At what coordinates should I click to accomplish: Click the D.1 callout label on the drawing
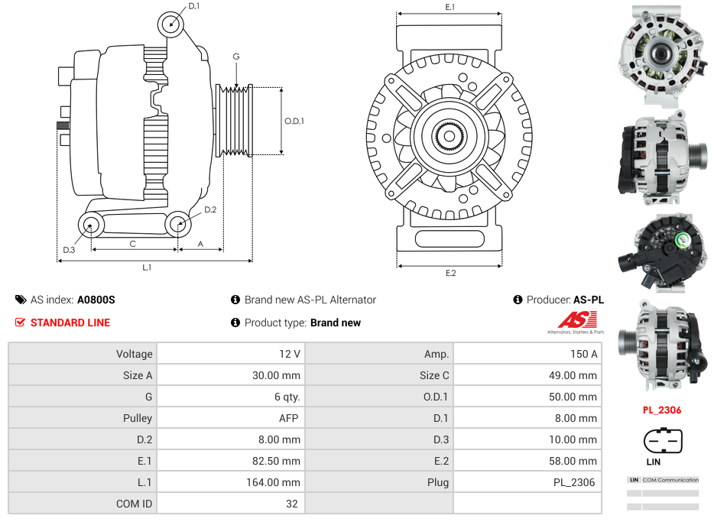point(194,6)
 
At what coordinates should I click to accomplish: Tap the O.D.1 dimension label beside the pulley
point(294,121)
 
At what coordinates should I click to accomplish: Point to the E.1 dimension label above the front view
point(450,7)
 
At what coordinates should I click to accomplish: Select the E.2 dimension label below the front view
point(450,273)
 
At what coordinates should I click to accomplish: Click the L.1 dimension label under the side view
point(147,267)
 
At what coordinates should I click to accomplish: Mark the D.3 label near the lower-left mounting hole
point(69,250)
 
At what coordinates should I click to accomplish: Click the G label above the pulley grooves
point(236,57)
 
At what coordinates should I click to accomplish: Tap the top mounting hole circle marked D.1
point(172,24)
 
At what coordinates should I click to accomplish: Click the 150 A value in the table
point(583,354)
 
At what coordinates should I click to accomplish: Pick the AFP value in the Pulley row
point(288,418)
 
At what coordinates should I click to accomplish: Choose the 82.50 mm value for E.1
point(281,461)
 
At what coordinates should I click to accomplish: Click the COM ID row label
point(135,504)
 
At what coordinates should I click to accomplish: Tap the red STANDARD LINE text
point(70,323)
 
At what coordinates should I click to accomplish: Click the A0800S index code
point(96,300)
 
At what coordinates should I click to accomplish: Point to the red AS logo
point(572,321)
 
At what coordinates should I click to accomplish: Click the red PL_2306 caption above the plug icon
point(662,410)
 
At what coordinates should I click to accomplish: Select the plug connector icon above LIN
point(662,440)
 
